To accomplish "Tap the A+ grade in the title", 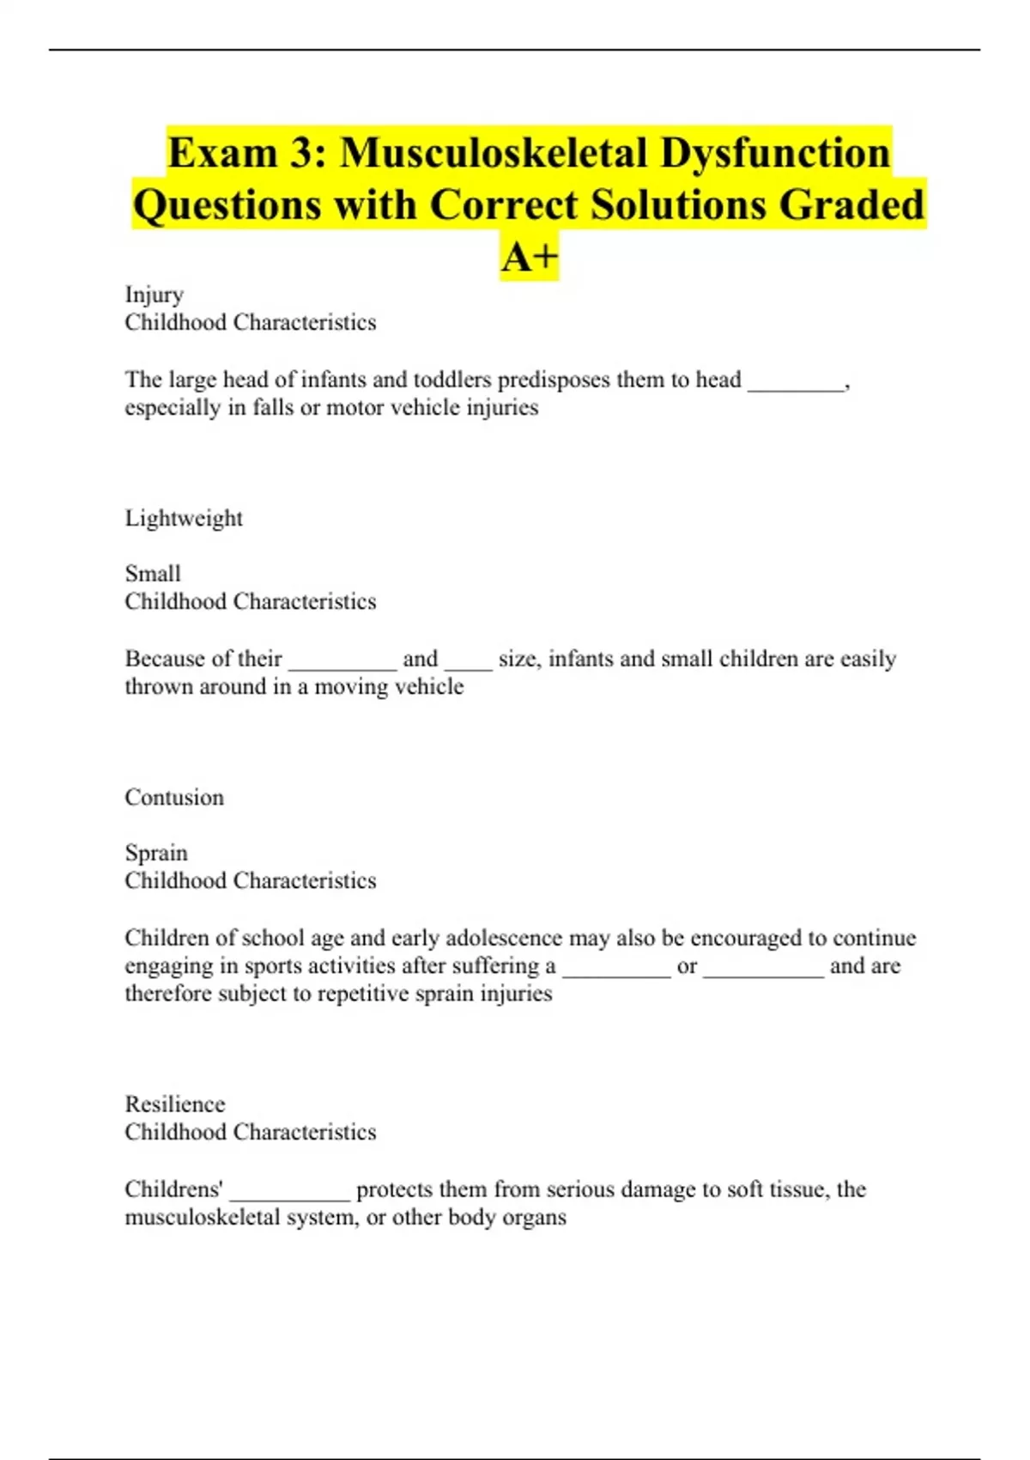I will [530, 257].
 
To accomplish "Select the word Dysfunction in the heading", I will [775, 153].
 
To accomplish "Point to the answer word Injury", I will [154, 295].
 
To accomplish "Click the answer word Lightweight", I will [184, 518].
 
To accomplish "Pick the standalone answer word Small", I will [153, 574].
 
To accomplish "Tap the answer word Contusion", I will [174, 797].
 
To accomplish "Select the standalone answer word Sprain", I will [156, 853].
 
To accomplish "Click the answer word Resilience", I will [175, 1104].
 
